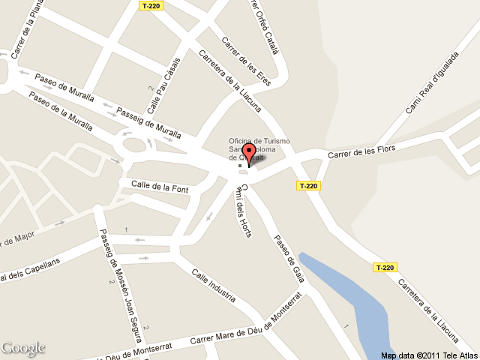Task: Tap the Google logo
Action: (22, 348)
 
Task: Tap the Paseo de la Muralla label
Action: (61, 109)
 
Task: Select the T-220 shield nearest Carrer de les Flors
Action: (309, 186)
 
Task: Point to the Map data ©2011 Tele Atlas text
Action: (428, 355)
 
